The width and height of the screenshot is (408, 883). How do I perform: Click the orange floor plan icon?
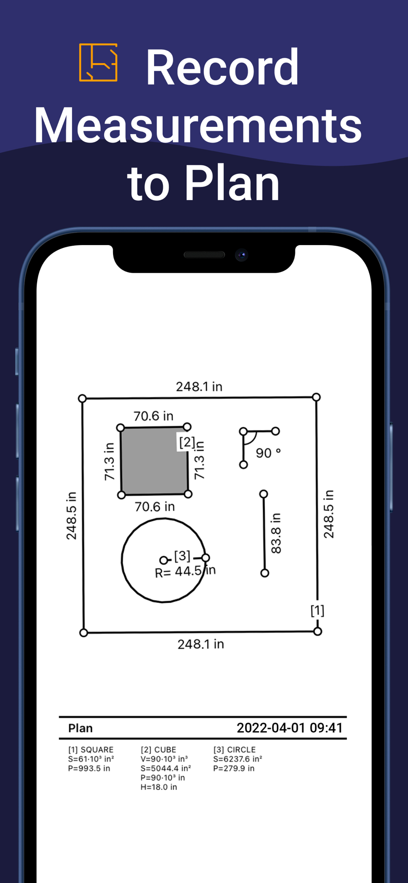98,62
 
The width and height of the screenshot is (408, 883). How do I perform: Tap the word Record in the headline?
222,68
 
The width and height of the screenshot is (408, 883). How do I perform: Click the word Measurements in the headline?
198,125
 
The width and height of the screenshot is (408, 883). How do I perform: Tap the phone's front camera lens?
242,255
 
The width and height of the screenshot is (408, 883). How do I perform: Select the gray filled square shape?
154,461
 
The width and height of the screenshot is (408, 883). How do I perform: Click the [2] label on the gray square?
187,442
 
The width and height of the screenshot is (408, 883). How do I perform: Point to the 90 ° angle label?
268,453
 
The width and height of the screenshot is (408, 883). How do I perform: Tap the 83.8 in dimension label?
276,533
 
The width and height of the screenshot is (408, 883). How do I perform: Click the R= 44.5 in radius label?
185,572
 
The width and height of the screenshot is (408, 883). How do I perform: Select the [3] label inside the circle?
182,556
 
